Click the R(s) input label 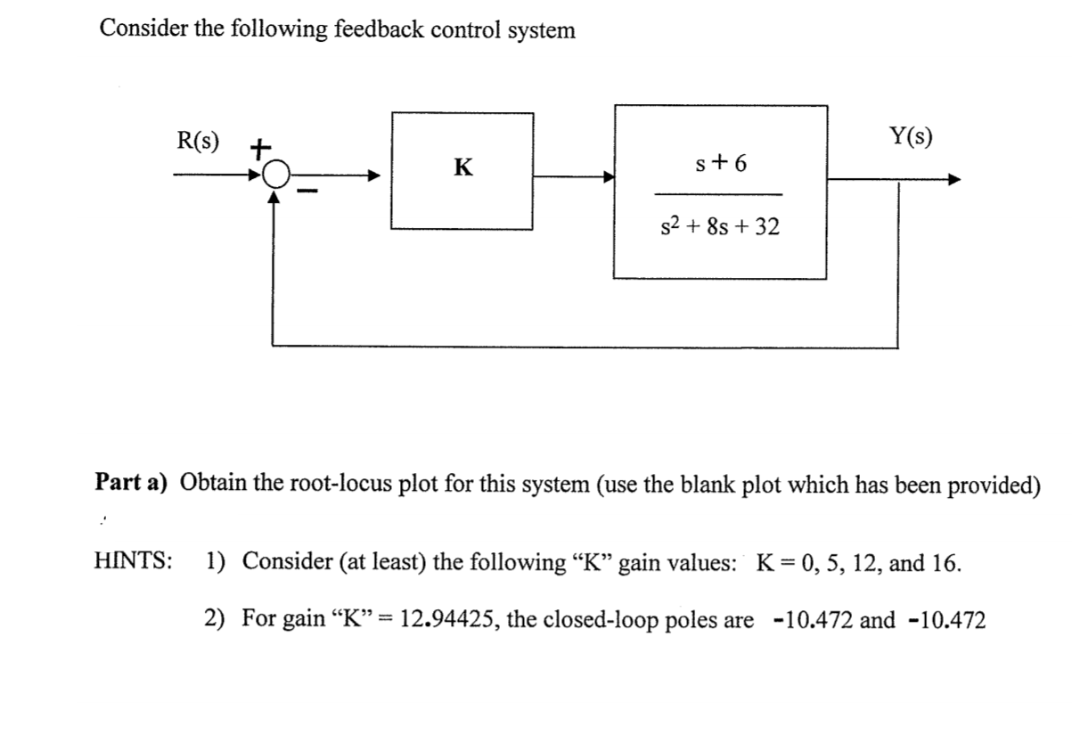[x=200, y=140]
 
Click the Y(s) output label [x=911, y=136]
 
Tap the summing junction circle [x=276, y=175]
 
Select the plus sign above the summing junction [x=259, y=147]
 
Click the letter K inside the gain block [x=462, y=167]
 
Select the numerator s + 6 [x=721, y=164]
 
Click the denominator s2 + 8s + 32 [x=718, y=228]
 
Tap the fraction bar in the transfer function [x=718, y=195]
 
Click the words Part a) [x=133, y=482]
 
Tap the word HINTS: [x=133, y=562]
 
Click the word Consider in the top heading [x=138, y=29]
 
